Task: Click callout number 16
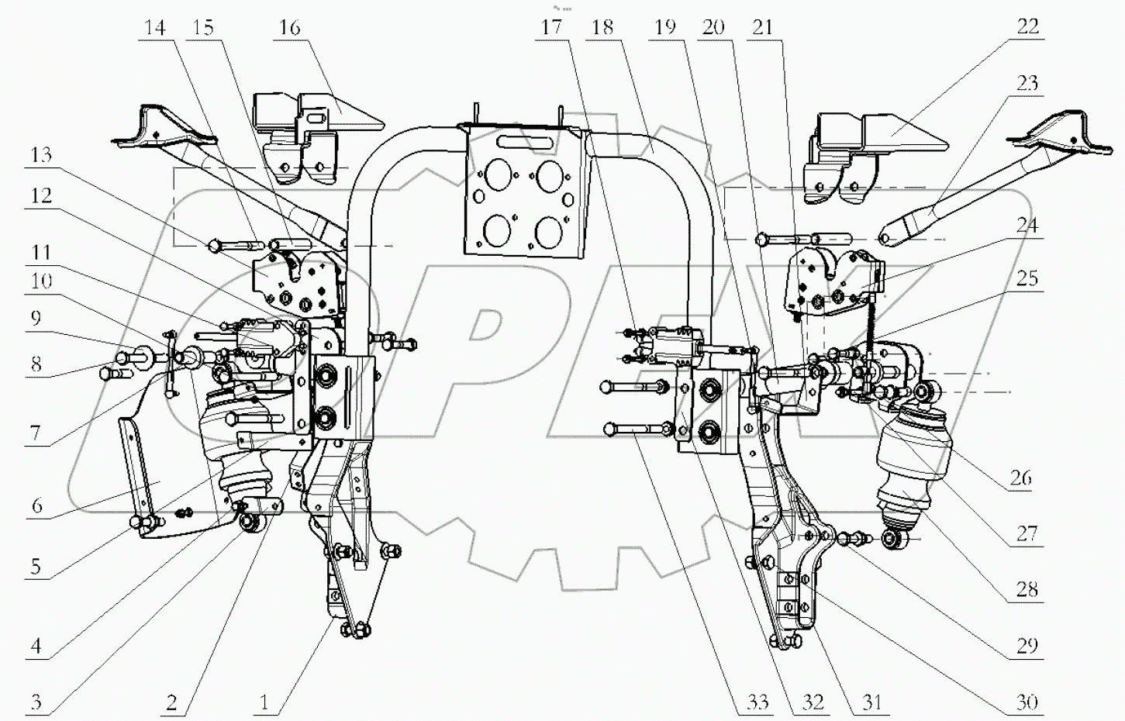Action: (289, 28)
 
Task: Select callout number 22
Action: (1027, 26)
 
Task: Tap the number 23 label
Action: (1027, 82)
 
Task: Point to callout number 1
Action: (264, 702)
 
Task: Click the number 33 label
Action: (757, 702)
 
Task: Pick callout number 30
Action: (1027, 702)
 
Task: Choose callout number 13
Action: (40, 154)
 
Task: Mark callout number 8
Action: (36, 364)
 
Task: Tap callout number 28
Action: (1027, 589)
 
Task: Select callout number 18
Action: (602, 28)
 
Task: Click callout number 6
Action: (36, 505)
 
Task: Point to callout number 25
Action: (1027, 278)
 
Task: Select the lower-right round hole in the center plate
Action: (549, 230)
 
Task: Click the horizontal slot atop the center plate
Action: (523, 143)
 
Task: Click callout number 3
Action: (36, 702)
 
